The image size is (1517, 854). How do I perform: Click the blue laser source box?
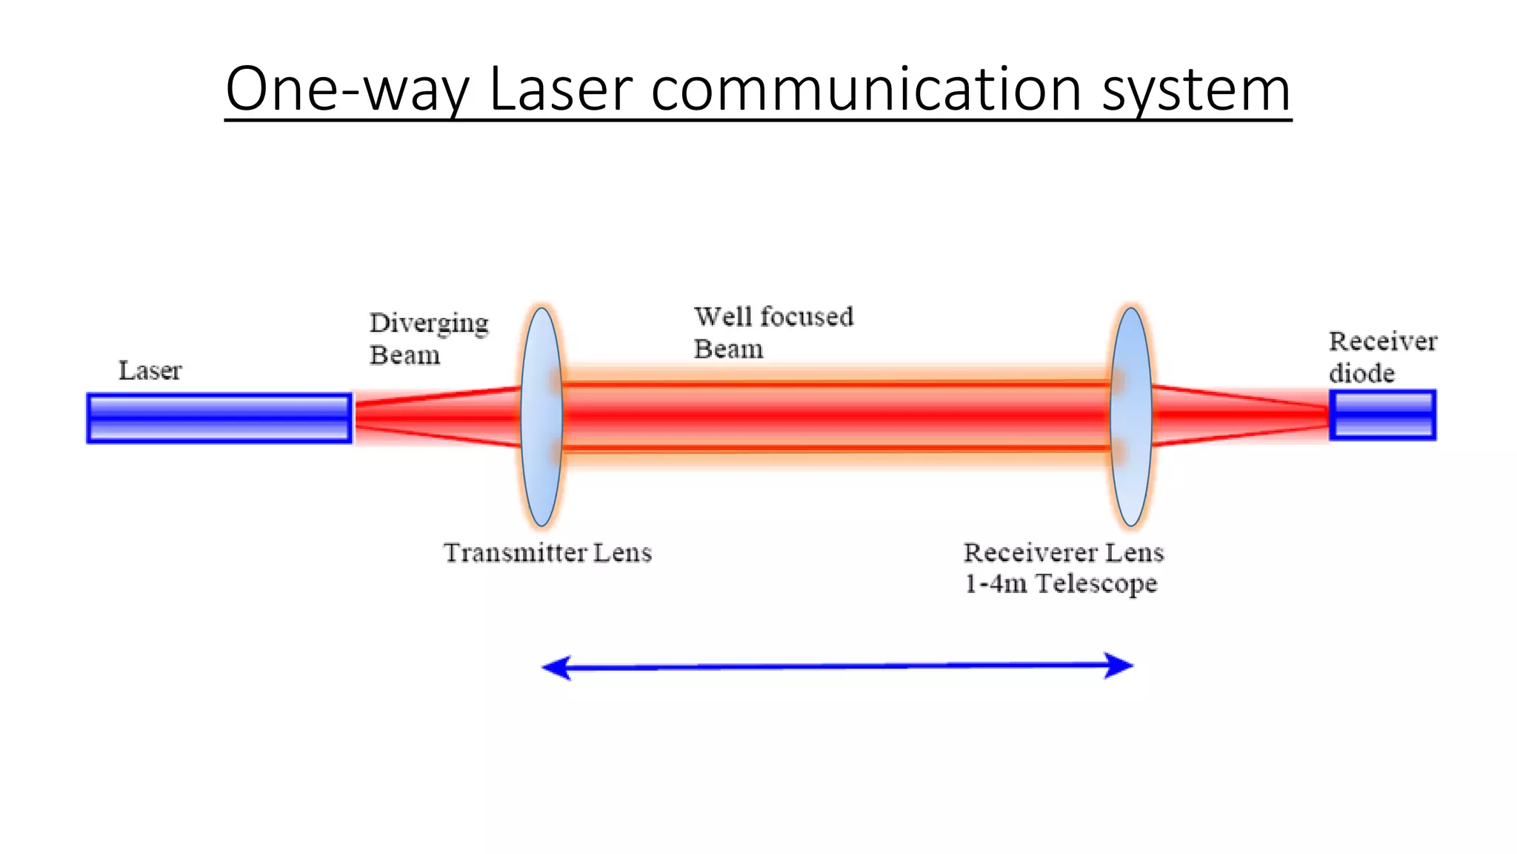tap(219, 418)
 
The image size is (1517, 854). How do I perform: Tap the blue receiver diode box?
tap(1382, 415)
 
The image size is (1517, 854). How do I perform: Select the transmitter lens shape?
tap(541, 417)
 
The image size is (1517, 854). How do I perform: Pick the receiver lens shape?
tap(1130, 417)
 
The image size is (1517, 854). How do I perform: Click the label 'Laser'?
tap(150, 371)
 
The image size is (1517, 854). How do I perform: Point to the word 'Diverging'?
tap(429, 324)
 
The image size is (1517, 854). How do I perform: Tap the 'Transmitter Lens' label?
tap(547, 553)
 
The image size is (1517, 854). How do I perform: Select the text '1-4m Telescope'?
tap(1060, 584)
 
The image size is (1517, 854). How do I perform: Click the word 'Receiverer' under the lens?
tap(1030, 553)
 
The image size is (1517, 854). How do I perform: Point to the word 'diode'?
tap(1361, 373)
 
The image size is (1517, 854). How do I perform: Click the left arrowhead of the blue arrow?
tap(557, 668)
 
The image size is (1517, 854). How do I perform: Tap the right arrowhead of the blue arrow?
tap(1118, 665)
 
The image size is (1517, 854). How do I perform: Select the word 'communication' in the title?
tap(867, 89)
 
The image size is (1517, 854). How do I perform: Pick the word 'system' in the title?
tap(1196, 89)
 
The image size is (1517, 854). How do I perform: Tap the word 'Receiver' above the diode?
tap(1382, 342)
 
